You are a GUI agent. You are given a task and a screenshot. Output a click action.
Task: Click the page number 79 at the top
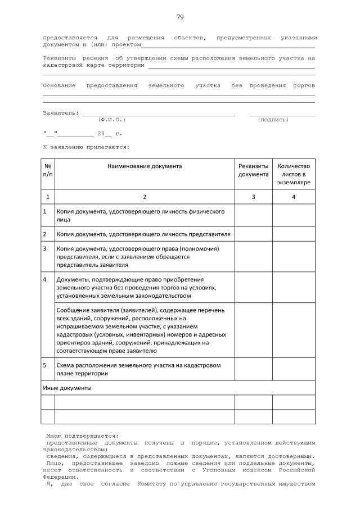(x=180, y=17)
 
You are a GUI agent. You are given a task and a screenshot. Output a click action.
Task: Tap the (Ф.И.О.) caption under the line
(x=111, y=120)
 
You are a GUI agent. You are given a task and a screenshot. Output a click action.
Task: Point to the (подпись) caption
(x=273, y=120)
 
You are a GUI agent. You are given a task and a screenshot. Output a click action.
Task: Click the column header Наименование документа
(x=144, y=166)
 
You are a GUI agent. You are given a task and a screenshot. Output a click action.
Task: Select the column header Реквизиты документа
(x=253, y=170)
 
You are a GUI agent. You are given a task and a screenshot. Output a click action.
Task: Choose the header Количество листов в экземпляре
(x=294, y=174)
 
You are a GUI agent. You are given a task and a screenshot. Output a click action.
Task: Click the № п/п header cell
(x=47, y=170)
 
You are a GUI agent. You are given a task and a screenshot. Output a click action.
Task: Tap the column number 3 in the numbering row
(x=253, y=197)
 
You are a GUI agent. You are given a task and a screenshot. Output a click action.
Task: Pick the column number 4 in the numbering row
(x=294, y=197)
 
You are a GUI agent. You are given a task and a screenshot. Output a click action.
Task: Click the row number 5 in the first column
(x=45, y=365)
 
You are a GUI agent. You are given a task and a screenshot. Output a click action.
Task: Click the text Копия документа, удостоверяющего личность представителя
(x=143, y=234)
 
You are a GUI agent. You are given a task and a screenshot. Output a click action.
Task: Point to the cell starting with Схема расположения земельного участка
(x=138, y=369)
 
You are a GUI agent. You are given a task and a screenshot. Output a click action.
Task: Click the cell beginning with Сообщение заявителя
(x=140, y=330)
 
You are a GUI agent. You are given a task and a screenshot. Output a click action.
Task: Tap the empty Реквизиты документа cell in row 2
(x=253, y=234)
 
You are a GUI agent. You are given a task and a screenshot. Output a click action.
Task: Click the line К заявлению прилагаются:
(x=86, y=147)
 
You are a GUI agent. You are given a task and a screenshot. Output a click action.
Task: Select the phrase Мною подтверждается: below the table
(x=82, y=435)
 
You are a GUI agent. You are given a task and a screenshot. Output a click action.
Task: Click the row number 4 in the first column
(x=45, y=279)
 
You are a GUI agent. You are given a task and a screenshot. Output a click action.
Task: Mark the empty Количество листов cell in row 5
(x=294, y=369)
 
